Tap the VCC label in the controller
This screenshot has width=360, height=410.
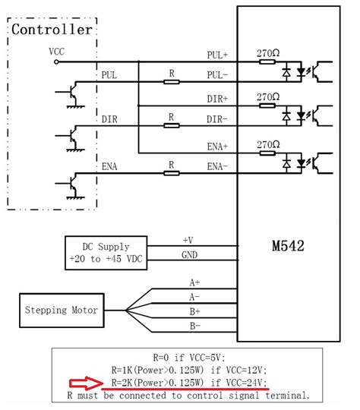tap(56, 52)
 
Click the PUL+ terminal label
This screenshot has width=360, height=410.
tap(218, 55)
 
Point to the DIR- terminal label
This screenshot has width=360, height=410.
tap(218, 120)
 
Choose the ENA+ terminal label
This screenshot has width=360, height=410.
tap(218, 143)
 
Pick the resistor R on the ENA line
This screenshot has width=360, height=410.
tap(172, 172)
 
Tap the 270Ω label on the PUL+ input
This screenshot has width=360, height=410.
tap(269, 53)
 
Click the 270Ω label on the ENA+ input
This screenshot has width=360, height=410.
tap(269, 143)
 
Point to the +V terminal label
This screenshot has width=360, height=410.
tap(188, 240)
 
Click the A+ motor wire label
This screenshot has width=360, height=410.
tap(195, 282)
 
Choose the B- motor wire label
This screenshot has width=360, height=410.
tap(195, 327)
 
